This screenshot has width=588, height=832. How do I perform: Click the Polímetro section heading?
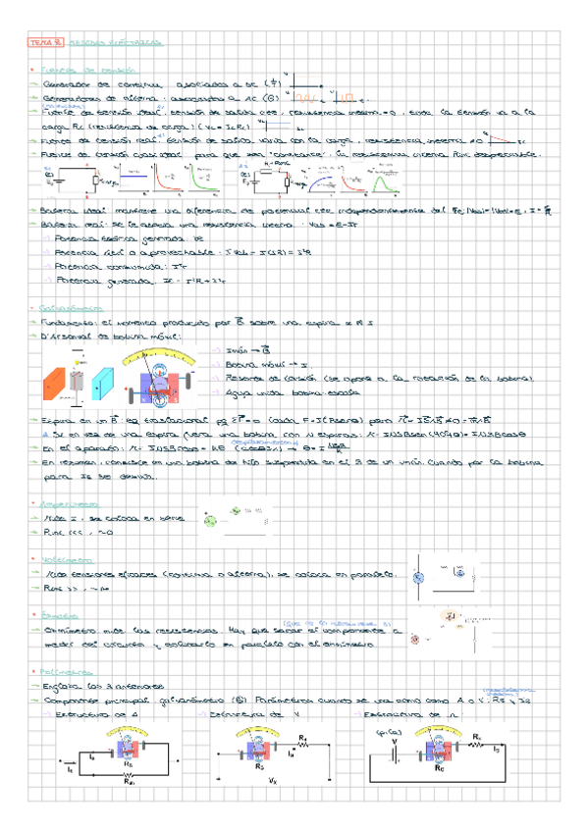click(62, 671)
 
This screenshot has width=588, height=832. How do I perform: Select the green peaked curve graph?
click(207, 182)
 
